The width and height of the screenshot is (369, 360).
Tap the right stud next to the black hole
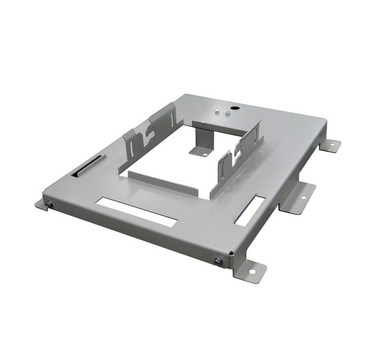click(x=227, y=114)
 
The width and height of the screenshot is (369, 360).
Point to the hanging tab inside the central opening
click(x=200, y=148)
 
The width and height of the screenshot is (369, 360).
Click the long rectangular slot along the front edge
click(x=136, y=211)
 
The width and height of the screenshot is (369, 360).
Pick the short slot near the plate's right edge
click(x=251, y=210)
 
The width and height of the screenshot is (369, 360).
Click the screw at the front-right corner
click(x=218, y=261)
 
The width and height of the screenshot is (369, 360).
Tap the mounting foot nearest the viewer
click(x=250, y=271)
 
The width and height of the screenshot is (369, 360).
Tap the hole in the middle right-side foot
click(x=302, y=197)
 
